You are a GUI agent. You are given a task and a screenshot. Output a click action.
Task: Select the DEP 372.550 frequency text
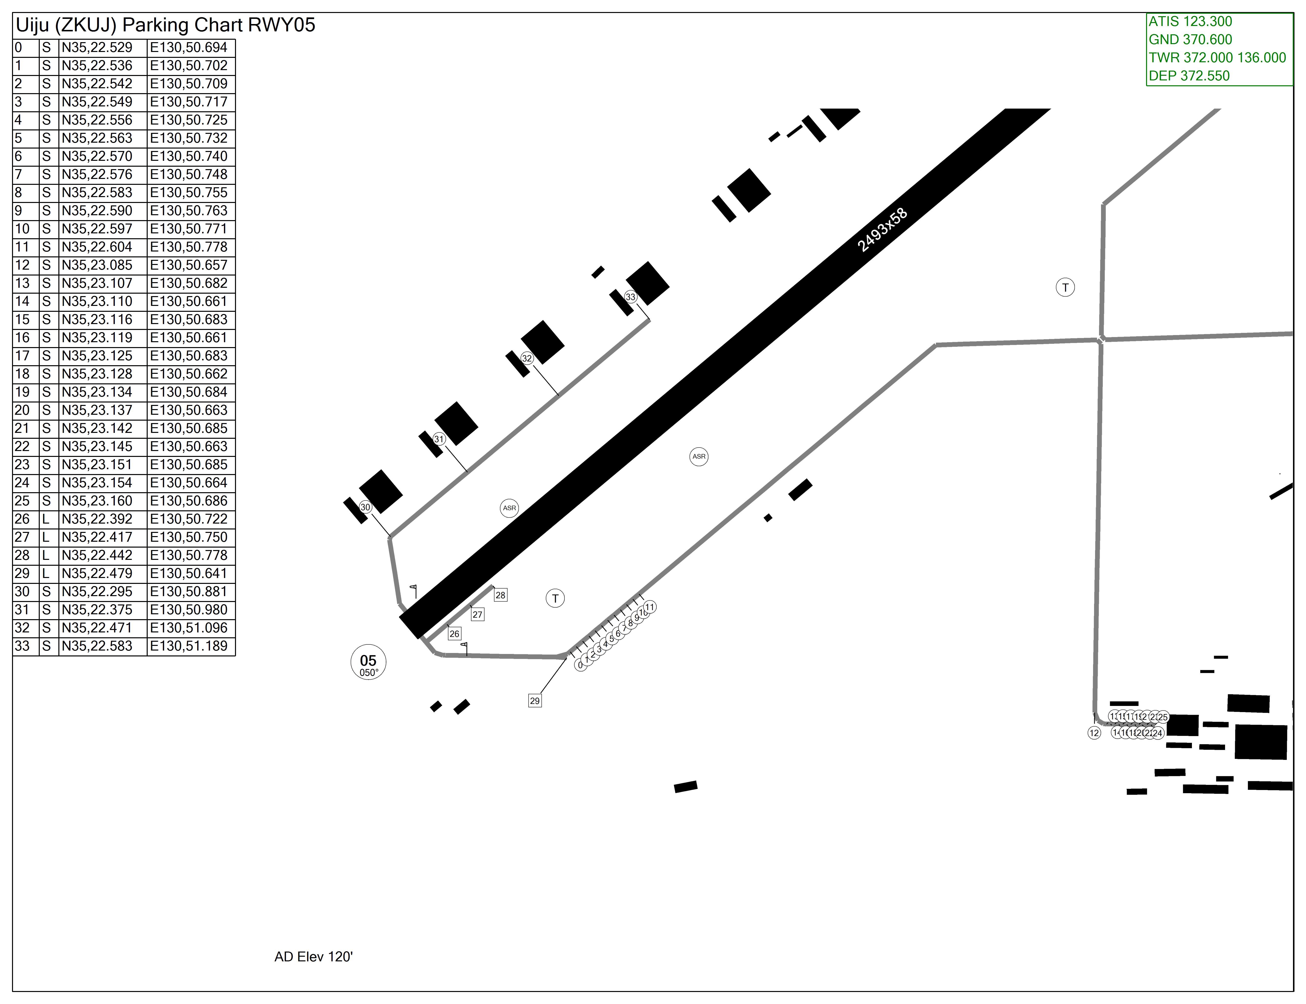(x=1189, y=76)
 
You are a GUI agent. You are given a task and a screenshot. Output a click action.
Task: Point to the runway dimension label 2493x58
(x=882, y=230)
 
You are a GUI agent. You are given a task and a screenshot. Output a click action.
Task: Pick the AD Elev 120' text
(x=313, y=957)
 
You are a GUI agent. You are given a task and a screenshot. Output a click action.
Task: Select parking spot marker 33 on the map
(x=630, y=297)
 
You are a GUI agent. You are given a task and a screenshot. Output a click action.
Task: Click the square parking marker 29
(x=535, y=700)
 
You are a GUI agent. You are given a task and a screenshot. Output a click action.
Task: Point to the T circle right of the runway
(x=1065, y=288)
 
